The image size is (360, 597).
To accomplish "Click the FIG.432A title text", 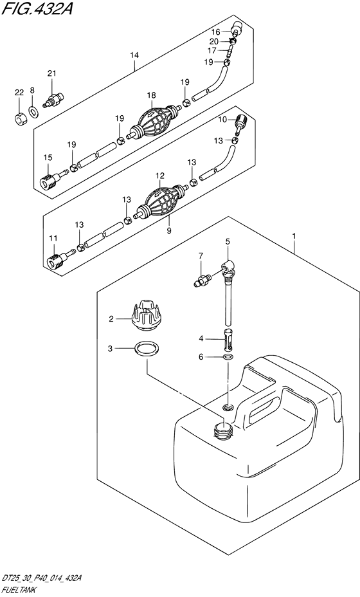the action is [37, 8].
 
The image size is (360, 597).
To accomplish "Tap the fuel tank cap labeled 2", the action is [147, 315].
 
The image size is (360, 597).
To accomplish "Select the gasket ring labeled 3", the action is [147, 349].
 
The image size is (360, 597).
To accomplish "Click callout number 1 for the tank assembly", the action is [294, 237].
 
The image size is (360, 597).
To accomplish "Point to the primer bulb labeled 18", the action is [154, 121].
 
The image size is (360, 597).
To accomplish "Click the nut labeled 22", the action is [21, 118].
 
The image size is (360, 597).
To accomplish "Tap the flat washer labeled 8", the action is [33, 111].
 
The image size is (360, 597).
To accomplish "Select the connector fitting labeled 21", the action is [53, 100].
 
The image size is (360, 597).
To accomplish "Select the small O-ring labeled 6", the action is [228, 357].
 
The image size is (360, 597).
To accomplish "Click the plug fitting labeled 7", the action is [202, 281].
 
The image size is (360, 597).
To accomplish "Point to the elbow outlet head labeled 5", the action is [228, 268].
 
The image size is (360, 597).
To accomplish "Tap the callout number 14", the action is [134, 55].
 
